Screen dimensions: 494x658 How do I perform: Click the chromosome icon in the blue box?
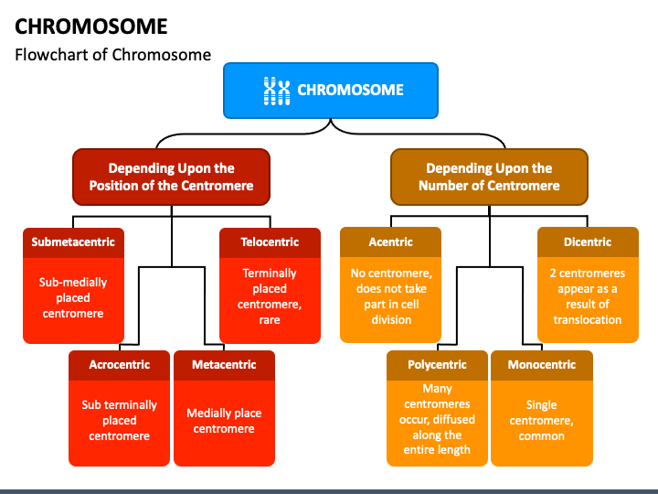(x=276, y=90)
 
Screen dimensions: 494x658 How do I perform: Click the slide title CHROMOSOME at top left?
(x=90, y=25)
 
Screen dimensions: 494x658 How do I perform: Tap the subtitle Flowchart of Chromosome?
(x=112, y=55)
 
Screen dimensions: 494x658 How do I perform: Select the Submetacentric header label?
(x=73, y=242)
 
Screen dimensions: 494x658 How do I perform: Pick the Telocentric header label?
(x=270, y=242)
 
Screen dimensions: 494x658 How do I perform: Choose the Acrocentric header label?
(x=119, y=365)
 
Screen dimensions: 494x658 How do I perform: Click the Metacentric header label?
(x=224, y=365)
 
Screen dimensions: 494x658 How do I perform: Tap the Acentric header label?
(x=390, y=242)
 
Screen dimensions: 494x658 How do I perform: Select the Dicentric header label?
(x=587, y=242)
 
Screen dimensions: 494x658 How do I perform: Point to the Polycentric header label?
(x=437, y=365)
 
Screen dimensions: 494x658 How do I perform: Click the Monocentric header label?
(x=542, y=365)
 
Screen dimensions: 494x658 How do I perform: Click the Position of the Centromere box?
(x=171, y=177)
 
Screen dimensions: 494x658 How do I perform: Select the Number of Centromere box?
(x=489, y=177)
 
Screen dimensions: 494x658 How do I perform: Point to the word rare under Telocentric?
(x=270, y=320)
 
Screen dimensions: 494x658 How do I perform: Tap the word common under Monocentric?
(x=542, y=436)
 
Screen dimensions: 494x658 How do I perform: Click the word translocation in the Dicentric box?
(x=587, y=320)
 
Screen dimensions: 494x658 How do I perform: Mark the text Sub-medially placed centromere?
(x=73, y=298)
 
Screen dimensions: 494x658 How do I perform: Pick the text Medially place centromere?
(x=224, y=421)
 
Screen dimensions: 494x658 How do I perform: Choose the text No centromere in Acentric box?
(x=390, y=274)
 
